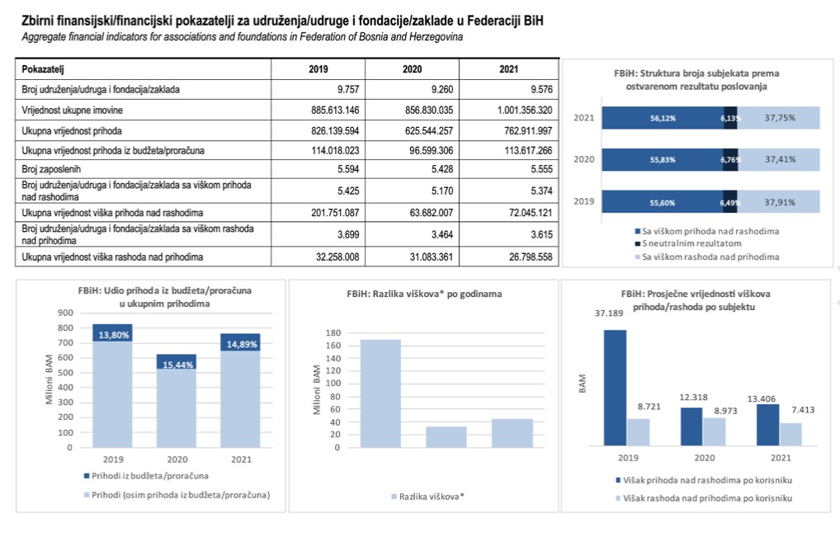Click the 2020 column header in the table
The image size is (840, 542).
[412, 68]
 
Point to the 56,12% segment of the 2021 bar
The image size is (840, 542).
[662, 118]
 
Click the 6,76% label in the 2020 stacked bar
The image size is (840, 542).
[729, 160]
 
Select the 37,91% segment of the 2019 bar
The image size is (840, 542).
[780, 202]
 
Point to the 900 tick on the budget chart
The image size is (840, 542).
[64, 313]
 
